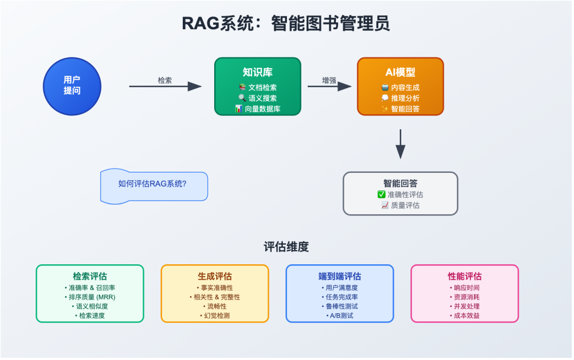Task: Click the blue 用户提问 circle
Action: pos(72,86)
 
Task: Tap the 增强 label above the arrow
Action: pos(329,80)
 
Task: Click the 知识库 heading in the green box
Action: pos(257,72)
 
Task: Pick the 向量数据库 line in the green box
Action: pos(263,109)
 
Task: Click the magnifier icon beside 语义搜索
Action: pos(242,98)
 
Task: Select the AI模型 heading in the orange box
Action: pos(400,72)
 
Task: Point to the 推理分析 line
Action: pos(405,98)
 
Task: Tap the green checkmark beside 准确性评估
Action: pos(382,195)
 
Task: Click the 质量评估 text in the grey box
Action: pos(405,205)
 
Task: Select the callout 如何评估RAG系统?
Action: pos(153,184)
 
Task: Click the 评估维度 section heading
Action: pos(286,247)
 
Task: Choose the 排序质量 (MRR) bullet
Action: pos(90,297)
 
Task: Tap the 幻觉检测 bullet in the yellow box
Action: pos(215,315)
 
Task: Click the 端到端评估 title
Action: pos(339,277)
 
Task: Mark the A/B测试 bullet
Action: pos(340,315)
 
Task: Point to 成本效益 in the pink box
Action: pos(465,315)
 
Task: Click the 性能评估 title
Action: pos(465,277)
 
